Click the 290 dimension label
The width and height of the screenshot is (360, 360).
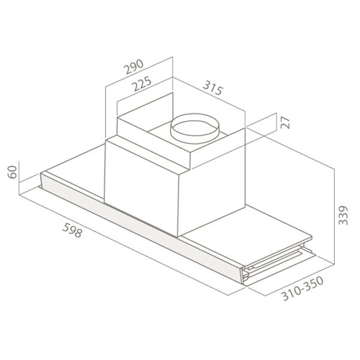click(134, 67)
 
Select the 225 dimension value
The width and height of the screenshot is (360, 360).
click(142, 83)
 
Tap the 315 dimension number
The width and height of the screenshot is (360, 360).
click(213, 88)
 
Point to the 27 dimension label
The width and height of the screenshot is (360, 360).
click(286, 122)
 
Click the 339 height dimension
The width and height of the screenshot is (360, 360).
click(344, 215)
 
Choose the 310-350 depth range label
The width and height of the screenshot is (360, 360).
click(302, 289)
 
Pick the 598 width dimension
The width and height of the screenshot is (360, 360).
click(72, 230)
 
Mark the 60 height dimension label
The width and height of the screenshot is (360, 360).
click(12, 172)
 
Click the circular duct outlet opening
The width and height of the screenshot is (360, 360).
click(194, 128)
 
